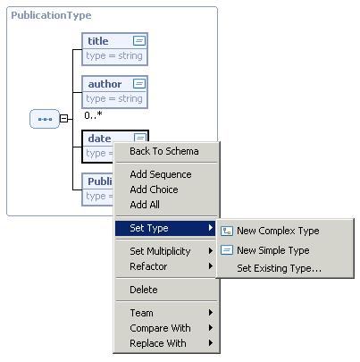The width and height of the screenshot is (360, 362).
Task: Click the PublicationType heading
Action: [x=51, y=15]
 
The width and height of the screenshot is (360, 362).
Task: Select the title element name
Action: [x=98, y=41]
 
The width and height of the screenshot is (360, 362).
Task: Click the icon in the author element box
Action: [x=139, y=83]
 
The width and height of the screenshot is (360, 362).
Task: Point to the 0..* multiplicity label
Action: [x=93, y=114]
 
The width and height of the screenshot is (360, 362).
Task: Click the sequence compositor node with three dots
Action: [x=45, y=119]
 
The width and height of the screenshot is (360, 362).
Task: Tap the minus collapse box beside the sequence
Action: [x=63, y=118]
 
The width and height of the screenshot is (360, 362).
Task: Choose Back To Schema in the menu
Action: [x=164, y=151]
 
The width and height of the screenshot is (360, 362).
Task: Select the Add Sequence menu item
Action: [x=161, y=174]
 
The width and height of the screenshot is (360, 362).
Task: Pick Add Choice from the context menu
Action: [x=154, y=189]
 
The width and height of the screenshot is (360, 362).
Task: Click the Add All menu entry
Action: [x=145, y=205]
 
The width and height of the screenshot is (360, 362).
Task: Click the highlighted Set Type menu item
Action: [x=165, y=228]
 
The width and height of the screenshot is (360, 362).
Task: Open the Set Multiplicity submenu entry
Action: [x=160, y=251]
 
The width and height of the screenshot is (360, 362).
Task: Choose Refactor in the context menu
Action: [x=148, y=266]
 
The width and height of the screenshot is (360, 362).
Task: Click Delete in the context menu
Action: [x=144, y=290]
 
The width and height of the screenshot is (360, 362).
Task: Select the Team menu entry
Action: [x=141, y=313]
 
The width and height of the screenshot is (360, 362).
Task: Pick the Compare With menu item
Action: [x=160, y=328]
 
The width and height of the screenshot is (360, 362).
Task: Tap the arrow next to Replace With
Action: [x=211, y=343]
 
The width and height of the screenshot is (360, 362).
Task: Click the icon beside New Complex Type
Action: [x=227, y=231]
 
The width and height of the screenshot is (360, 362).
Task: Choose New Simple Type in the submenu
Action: [x=273, y=250]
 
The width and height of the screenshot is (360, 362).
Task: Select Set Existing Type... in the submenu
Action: [x=279, y=268]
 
